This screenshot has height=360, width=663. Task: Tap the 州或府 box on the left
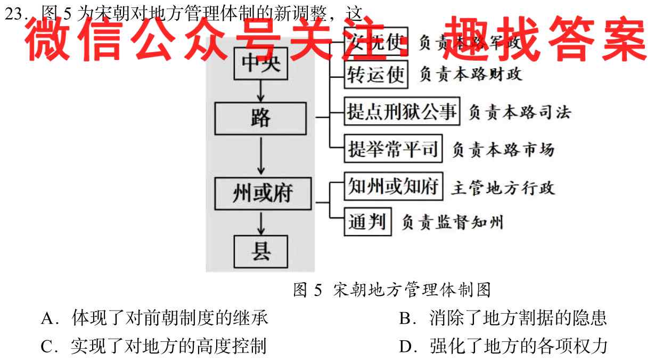click(x=262, y=193)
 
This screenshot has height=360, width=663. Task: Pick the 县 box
click(x=260, y=251)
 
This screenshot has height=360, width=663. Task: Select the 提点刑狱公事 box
click(x=402, y=112)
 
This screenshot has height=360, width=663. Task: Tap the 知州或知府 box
click(x=394, y=186)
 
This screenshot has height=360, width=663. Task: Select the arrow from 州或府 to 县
click(x=260, y=223)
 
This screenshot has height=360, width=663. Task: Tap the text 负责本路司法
click(x=519, y=112)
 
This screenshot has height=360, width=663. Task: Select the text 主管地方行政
click(x=503, y=187)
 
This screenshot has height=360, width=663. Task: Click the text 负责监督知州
click(x=452, y=222)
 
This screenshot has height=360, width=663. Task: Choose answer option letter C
click(x=46, y=347)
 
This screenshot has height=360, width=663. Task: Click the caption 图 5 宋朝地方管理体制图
click(x=391, y=290)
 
